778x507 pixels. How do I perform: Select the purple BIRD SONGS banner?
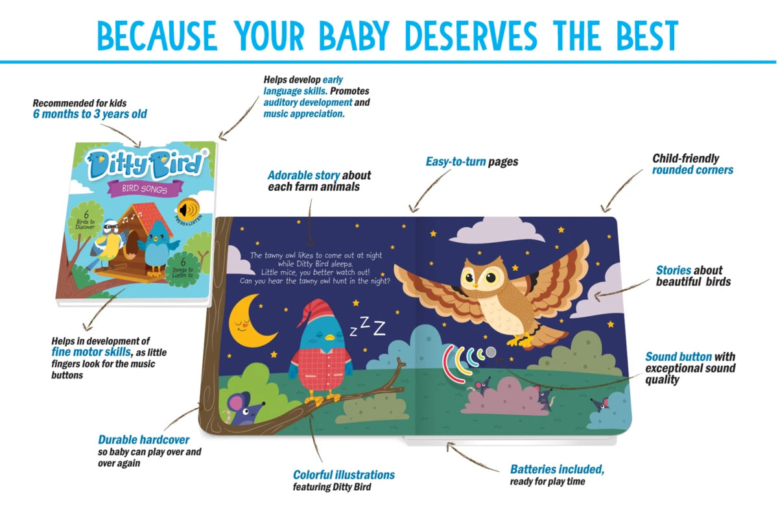(145, 189)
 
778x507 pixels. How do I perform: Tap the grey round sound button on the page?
(490, 352)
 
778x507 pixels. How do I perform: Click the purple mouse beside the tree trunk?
(244, 409)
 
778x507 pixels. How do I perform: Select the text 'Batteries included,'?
(557, 469)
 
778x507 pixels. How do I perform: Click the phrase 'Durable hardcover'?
(143, 440)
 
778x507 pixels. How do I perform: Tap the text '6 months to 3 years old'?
(90, 114)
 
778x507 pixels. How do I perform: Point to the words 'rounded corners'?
(692, 170)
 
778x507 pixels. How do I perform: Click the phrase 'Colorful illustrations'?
(344, 475)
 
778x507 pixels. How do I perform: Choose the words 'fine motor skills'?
(91, 352)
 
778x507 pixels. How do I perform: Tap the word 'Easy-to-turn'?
(456, 162)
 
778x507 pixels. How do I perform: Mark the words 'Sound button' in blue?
(679, 357)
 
